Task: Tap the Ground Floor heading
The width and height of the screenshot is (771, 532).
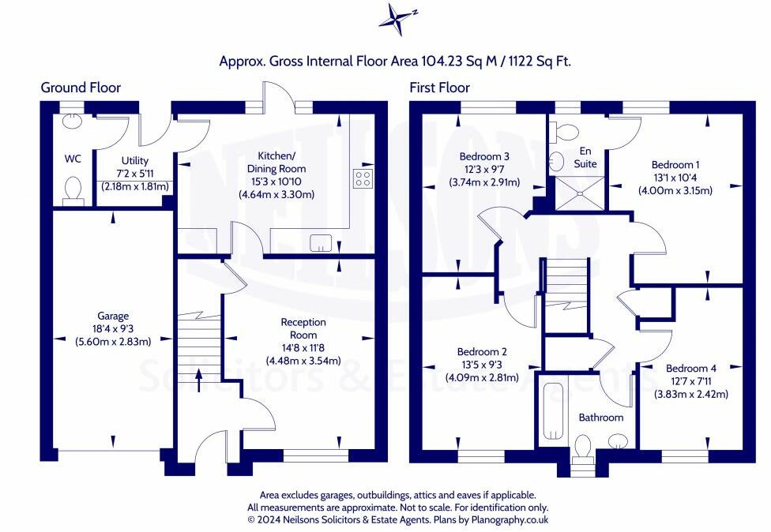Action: [x=81, y=88]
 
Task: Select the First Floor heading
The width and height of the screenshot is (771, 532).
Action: [x=439, y=88]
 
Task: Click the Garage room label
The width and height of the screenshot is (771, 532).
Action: [x=113, y=316]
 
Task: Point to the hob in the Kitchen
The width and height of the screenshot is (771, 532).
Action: [x=363, y=178]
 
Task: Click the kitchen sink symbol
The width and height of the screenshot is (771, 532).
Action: [x=321, y=242]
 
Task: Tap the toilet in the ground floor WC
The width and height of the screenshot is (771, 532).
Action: [x=73, y=191]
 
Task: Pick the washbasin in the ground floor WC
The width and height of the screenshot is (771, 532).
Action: [x=73, y=120]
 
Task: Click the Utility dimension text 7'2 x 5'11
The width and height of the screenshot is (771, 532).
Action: [x=135, y=174]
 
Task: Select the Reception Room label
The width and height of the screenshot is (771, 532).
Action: [x=303, y=328]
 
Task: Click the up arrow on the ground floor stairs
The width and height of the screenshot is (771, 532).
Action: [x=199, y=380]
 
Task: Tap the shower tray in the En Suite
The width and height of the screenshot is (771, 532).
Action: [x=580, y=193]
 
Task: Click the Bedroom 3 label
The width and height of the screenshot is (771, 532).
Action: [x=484, y=156]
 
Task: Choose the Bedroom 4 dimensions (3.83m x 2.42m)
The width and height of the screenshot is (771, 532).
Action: [x=691, y=394]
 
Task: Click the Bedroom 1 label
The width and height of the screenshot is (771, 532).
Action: [x=675, y=164]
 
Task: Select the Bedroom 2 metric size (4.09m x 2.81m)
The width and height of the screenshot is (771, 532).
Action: [x=482, y=378]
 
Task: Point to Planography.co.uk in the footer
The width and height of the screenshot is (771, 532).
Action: [x=510, y=519]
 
